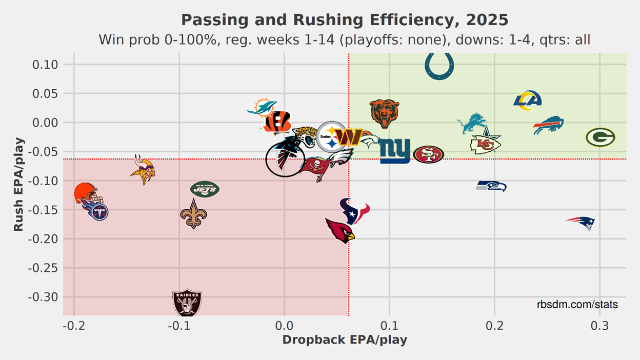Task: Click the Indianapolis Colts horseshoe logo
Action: point(439,66)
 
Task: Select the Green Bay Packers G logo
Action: point(600,137)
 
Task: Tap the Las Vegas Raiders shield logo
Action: point(187,304)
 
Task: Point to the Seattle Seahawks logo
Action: point(491,186)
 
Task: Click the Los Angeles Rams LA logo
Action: point(527,101)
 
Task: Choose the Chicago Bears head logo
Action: point(384,114)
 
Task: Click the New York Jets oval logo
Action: point(205,189)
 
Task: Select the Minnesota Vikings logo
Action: point(142,169)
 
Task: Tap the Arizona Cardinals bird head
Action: point(340,230)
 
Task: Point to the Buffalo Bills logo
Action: point(548,126)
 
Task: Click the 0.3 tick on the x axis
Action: point(600,327)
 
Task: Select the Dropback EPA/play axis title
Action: point(345,340)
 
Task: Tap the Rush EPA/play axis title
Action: point(18,184)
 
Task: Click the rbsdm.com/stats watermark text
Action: point(577,305)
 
